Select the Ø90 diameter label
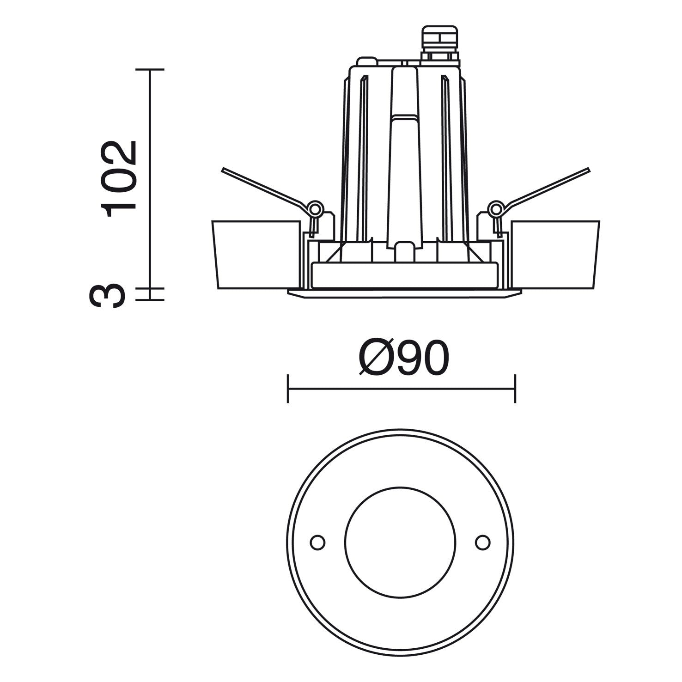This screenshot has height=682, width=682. [403, 359]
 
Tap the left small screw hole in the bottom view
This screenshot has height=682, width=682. [317, 542]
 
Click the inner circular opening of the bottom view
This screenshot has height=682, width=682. [400, 542]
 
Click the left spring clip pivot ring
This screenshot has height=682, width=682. [316, 208]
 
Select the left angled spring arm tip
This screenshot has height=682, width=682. [224, 170]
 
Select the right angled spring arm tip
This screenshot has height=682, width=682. [588, 170]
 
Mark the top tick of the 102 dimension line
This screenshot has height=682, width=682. [150, 69]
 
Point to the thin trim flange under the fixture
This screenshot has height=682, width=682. [404, 293]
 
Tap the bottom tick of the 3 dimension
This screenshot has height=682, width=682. [150, 300]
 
